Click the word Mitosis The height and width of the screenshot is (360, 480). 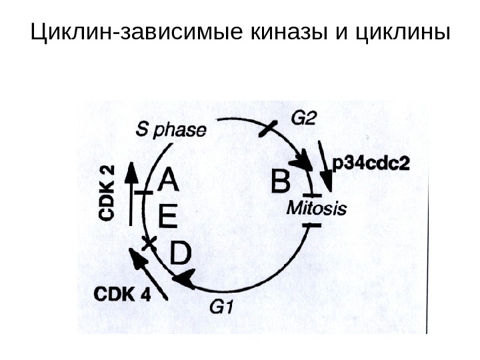click(317, 209)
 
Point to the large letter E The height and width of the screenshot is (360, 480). click(168, 217)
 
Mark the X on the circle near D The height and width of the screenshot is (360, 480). click(150, 241)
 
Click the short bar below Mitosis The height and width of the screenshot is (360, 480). click(311, 225)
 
